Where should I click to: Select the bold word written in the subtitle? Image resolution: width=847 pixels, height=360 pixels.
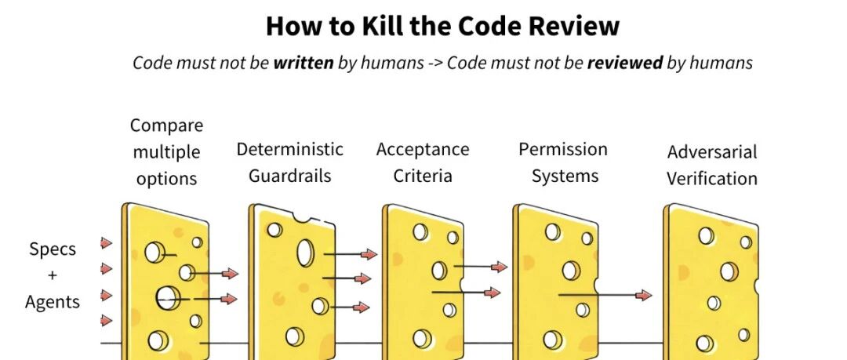click(x=304, y=64)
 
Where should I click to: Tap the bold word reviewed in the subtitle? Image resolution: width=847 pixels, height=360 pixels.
click(x=624, y=64)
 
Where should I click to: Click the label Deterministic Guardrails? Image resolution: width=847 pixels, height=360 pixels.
click(x=290, y=162)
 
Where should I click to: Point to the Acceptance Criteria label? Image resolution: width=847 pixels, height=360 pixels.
click(x=423, y=162)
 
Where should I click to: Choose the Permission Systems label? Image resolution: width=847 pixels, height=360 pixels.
click(x=563, y=162)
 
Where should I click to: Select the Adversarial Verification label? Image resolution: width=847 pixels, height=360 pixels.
click(x=712, y=165)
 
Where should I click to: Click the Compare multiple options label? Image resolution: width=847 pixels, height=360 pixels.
click(x=166, y=152)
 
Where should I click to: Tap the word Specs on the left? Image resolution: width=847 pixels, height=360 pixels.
click(x=53, y=249)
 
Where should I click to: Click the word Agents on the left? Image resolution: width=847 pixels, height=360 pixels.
click(x=53, y=302)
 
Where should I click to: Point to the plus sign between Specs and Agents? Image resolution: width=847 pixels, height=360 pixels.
click(x=53, y=275)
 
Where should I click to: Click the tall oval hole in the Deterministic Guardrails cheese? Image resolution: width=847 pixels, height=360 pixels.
click(x=305, y=253)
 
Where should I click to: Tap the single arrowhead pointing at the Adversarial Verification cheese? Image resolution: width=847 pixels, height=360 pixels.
click(x=644, y=295)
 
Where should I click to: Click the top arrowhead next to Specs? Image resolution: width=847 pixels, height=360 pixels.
click(x=107, y=243)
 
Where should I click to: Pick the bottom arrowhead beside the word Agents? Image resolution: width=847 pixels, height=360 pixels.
click(x=107, y=320)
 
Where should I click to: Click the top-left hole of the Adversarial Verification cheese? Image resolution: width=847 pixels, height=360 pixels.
click(x=707, y=235)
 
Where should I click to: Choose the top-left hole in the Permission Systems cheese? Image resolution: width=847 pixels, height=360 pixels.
click(x=553, y=232)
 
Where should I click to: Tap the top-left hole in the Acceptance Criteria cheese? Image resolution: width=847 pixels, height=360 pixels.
click(x=420, y=231)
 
